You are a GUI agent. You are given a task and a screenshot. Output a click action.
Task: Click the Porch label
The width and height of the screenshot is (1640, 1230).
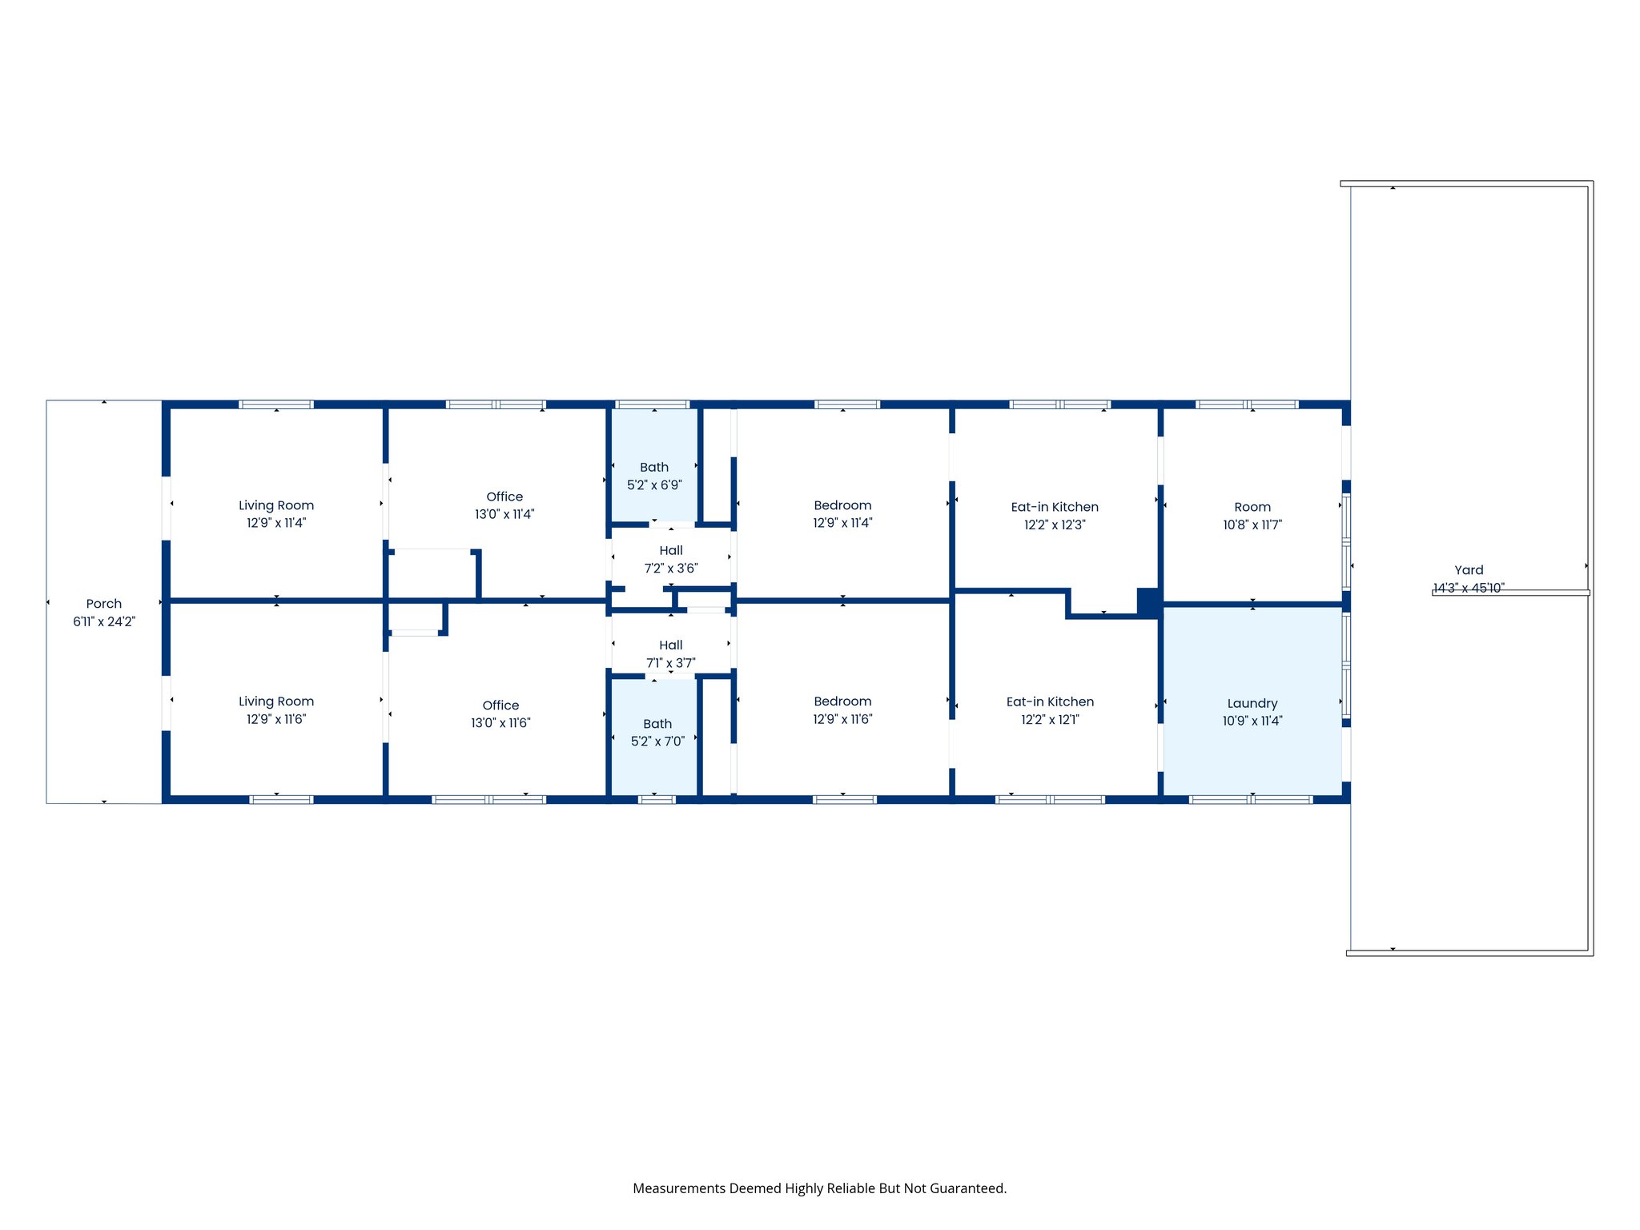tap(104, 604)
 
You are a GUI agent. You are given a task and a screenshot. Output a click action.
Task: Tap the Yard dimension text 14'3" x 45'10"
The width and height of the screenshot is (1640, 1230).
tap(1468, 589)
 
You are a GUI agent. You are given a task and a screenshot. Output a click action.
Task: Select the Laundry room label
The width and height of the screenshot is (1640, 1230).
tap(1252, 704)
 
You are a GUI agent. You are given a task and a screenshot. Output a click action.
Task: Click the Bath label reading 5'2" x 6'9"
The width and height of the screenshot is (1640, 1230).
tap(654, 476)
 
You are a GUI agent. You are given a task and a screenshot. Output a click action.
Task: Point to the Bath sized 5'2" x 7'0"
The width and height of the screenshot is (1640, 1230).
tap(657, 733)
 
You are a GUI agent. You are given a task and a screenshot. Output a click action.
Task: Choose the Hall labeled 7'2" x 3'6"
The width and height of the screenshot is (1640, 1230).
tap(671, 559)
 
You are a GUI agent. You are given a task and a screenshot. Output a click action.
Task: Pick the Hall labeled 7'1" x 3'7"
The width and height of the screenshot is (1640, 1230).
tap(671, 653)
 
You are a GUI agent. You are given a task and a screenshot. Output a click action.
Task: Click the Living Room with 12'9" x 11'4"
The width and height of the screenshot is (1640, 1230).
tap(276, 514)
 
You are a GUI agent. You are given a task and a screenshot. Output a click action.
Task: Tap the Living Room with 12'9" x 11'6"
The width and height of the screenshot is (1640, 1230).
tap(276, 710)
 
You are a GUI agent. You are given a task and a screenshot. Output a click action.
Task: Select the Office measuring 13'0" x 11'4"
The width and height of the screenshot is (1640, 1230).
tap(504, 505)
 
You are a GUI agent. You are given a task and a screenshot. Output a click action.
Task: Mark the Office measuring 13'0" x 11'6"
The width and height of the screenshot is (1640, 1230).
tap(500, 713)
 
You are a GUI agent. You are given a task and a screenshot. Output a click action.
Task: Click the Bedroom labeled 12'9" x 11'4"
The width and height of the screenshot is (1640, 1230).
tap(842, 514)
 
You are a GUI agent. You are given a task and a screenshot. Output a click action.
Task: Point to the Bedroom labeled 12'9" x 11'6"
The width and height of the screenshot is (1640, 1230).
tap(842, 710)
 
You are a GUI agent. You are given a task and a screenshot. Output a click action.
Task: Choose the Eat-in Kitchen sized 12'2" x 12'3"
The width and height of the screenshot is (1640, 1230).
tap(1055, 516)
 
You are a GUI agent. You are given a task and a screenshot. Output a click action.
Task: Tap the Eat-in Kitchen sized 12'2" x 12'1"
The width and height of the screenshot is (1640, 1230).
tap(1050, 710)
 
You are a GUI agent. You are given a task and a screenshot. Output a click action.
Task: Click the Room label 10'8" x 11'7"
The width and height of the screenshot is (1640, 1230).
tap(1252, 516)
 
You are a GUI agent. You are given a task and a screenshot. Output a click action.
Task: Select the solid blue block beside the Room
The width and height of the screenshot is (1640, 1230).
tap(1149, 602)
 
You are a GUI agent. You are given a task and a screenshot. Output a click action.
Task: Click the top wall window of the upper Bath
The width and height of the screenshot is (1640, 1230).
tap(653, 404)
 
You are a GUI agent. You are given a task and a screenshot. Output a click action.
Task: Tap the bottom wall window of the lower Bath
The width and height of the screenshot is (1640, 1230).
tap(657, 799)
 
